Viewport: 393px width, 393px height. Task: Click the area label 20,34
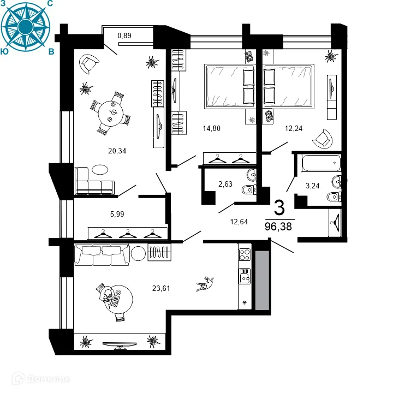pos(117,151)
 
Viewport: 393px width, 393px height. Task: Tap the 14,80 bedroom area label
pos(212,128)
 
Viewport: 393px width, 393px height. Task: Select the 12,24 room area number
pos(294,128)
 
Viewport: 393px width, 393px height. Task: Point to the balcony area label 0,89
pos(124,35)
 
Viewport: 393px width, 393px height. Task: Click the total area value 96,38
pos(278,227)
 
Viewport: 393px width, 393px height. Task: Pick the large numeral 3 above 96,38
pos(279,207)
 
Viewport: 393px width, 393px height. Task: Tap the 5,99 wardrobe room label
pos(117,214)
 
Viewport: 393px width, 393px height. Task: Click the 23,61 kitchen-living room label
pos(161,288)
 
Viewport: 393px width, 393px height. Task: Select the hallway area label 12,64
pos(239,222)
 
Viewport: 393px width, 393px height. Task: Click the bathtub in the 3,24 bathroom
pos(321,163)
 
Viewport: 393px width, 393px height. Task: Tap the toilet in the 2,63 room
pos(249,190)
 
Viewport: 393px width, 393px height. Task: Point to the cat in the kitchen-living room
pos(205,284)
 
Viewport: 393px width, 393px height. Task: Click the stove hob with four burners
pos(245,254)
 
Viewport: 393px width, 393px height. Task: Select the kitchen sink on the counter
pos(245,276)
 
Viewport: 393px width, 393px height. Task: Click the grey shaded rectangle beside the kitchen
pos(262,281)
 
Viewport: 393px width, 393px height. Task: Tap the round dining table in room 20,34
pos(111,114)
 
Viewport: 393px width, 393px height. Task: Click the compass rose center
pos(25,27)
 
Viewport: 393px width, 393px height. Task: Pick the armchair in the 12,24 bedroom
pos(323,138)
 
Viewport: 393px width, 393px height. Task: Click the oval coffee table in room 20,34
pos(100,170)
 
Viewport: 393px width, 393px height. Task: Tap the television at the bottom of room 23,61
pos(120,345)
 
